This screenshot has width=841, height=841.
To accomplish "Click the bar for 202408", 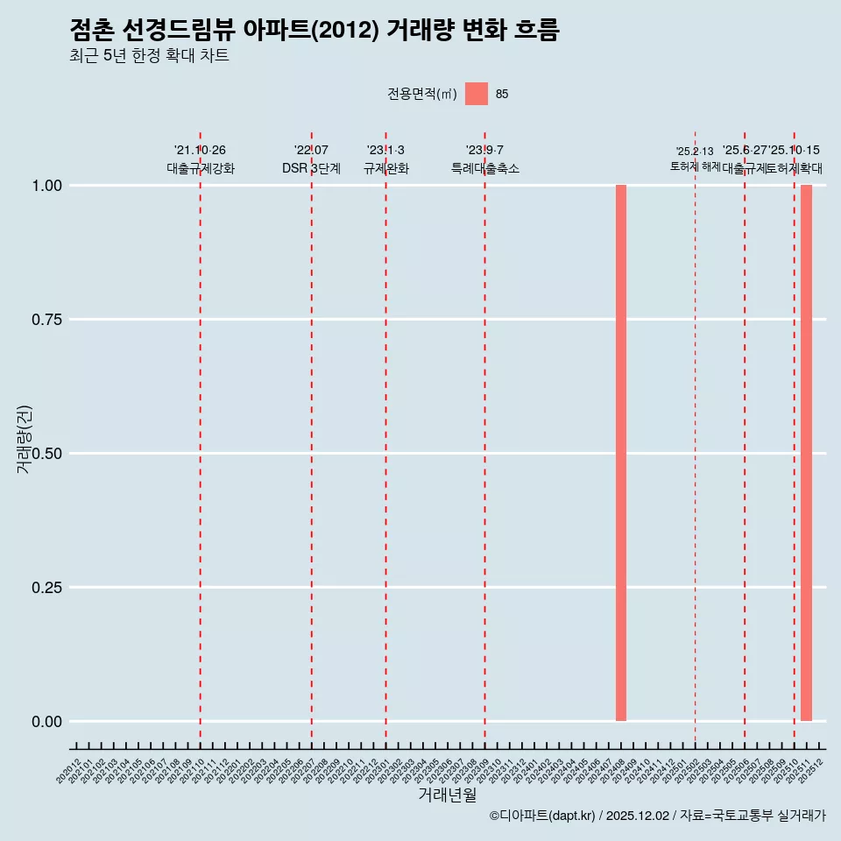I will click(x=620, y=453).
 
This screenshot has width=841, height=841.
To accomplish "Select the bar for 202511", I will click(x=806, y=453).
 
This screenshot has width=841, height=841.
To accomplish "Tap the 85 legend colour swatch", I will click(x=477, y=94).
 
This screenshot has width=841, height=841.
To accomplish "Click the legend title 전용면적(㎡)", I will click(x=422, y=94).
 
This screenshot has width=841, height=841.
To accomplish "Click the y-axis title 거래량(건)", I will click(x=25, y=439).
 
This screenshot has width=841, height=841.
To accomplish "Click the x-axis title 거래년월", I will click(x=448, y=795).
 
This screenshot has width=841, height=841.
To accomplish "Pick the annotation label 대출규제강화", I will click(x=201, y=168).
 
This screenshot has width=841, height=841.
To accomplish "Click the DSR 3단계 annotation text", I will click(x=311, y=168).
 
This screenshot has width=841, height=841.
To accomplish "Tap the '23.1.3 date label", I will click(x=385, y=151).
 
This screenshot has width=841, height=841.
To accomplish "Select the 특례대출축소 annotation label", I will click(x=485, y=168).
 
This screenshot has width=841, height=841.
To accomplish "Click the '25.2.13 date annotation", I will click(x=695, y=152).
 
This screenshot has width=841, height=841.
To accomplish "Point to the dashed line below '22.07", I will click(x=311, y=438).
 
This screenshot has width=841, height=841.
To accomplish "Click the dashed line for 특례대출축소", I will click(x=484, y=438).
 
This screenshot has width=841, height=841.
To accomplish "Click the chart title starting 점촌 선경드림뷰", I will click(x=314, y=31).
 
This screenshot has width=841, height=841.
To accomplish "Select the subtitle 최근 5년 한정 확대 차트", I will click(x=149, y=56).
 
